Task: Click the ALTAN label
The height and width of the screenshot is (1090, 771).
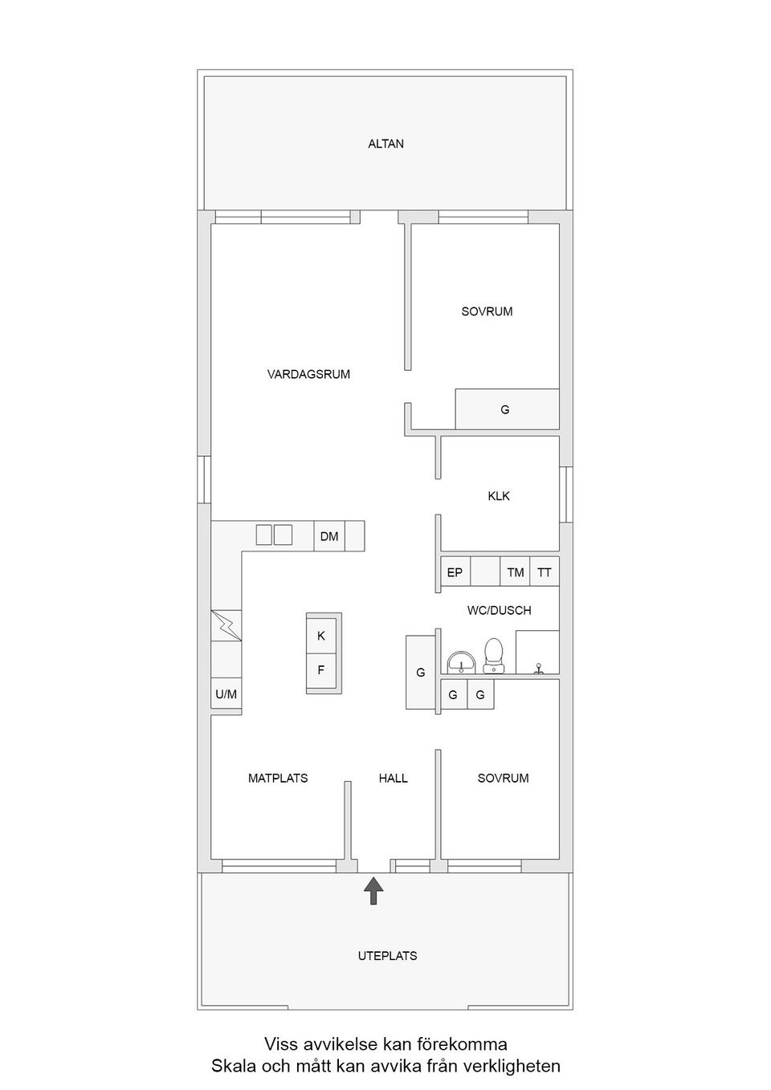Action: (x=385, y=144)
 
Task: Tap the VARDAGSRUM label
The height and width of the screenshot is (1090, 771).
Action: (x=308, y=374)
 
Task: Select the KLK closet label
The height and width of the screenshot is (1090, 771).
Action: (x=499, y=496)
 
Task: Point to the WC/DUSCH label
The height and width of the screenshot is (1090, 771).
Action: (x=499, y=610)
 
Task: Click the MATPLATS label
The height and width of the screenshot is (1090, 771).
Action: (x=278, y=778)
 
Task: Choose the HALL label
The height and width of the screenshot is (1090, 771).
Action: (x=394, y=778)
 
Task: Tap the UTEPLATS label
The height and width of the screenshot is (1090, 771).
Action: (x=387, y=956)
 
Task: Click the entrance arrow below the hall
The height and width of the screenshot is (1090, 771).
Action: (x=373, y=890)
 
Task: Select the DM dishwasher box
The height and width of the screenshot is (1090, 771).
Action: (x=329, y=536)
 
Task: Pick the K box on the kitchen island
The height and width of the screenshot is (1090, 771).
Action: (x=321, y=636)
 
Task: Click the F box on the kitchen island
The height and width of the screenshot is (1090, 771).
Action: (x=321, y=669)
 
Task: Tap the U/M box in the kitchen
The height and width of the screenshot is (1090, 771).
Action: (x=226, y=693)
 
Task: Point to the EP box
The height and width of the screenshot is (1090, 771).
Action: (x=455, y=572)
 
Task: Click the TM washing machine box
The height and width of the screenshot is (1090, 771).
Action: (x=515, y=572)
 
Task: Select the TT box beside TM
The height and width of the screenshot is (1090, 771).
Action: (x=545, y=572)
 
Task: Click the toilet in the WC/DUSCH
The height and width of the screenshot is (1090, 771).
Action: (x=493, y=653)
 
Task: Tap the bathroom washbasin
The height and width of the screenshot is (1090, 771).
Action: (x=461, y=661)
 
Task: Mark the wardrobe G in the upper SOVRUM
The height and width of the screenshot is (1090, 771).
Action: (x=506, y=409)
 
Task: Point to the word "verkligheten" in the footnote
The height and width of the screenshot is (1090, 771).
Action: (x=509, y=1066)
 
